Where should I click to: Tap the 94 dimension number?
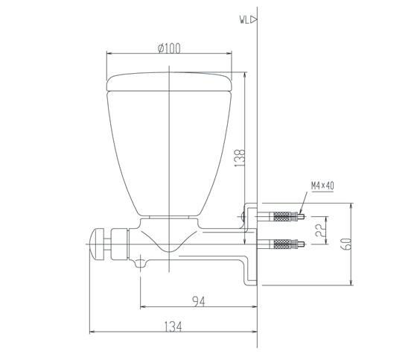pos(198,301)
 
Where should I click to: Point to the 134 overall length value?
pos(174,326)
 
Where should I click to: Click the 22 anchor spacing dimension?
pos(318,232)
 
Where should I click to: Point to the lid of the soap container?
pos(171,82)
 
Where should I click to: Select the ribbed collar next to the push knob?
pos(117,241)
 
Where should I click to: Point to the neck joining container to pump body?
pos(171,221)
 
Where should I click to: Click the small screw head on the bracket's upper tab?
pos(244,217)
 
